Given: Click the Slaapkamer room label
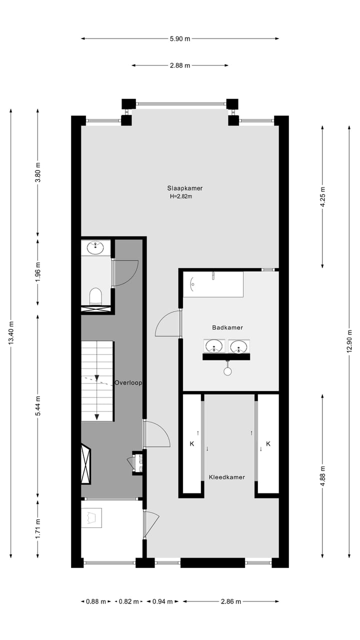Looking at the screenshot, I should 184,188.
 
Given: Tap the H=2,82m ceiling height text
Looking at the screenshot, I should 181,196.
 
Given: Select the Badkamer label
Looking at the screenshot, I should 227,327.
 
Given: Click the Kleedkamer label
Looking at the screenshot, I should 227,477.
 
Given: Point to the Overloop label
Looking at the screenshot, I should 128,383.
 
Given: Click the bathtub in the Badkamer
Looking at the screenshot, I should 213,284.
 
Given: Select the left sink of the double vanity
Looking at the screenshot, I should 214,346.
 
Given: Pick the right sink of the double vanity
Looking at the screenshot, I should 239,346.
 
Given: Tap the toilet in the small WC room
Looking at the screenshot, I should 95,296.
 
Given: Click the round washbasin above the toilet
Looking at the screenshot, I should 95,247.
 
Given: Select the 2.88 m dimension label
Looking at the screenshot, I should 180,65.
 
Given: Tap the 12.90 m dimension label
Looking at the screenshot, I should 349,341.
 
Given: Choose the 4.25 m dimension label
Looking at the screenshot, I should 322,196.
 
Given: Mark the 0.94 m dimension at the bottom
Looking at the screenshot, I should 162,601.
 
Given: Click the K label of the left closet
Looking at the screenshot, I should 191,443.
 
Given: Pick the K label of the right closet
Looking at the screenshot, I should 268,443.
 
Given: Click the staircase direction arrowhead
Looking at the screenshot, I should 97,417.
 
